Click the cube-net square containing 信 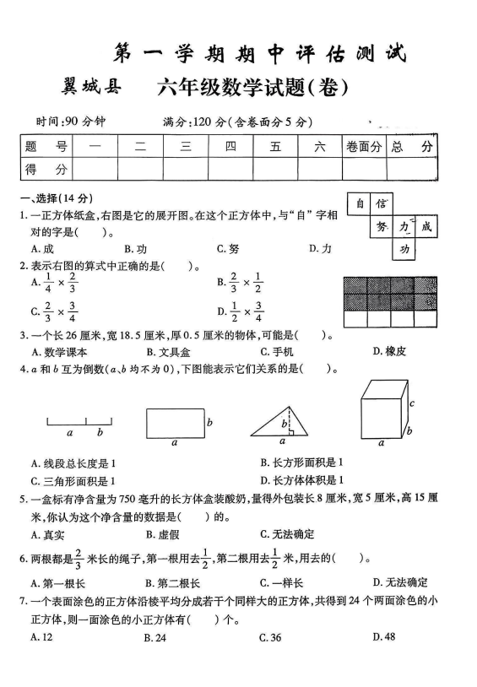[382, 203]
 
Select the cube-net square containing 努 [382, 226]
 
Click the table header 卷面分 [364, 147]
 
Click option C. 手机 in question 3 [276, 351]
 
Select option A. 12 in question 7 [38, 637]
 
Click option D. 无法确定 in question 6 [400, 582]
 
